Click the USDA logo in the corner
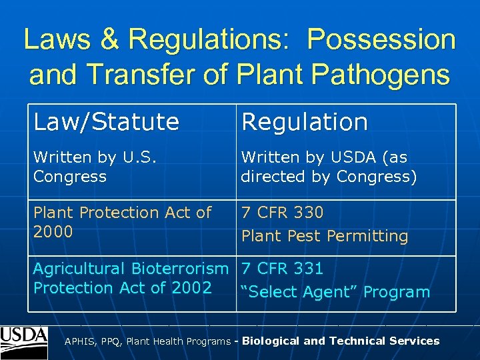[24, 341]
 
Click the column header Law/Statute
[106, 122]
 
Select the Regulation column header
[304, 122]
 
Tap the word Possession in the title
[381, 40]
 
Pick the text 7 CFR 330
[282, 213]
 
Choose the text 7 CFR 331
[282, 269]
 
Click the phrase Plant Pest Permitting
[324, 236]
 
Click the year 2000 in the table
[53, 232]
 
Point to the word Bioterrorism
[179, 269]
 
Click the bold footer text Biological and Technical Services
[341, 341]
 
